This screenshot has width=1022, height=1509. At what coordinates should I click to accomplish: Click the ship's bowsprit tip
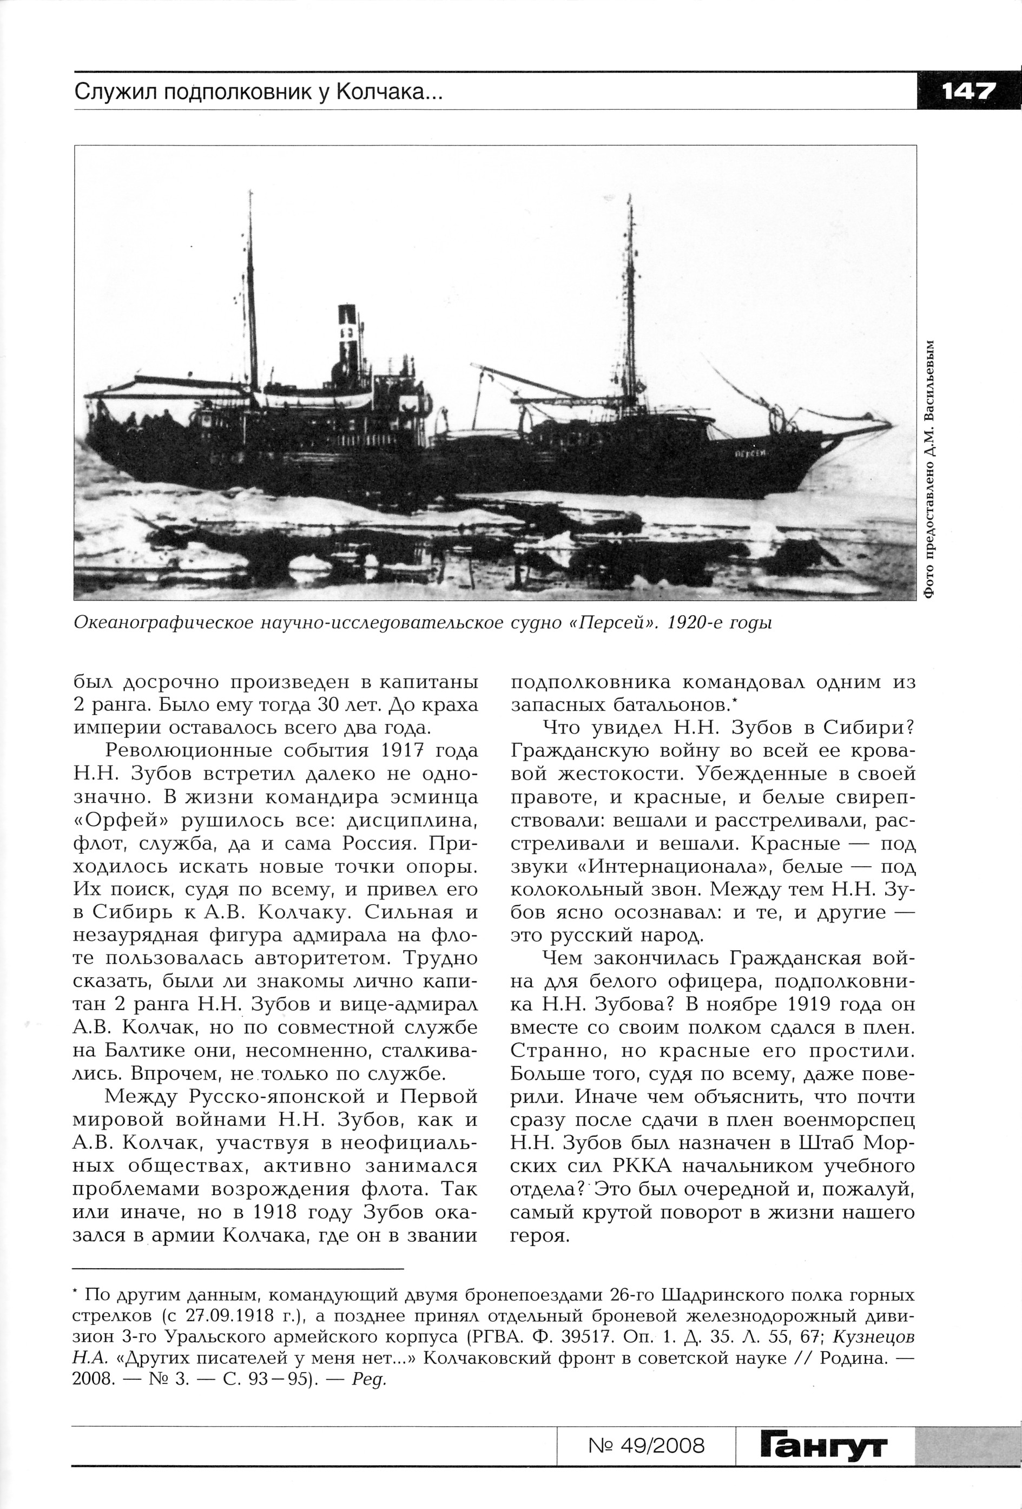[x=893, y=425]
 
